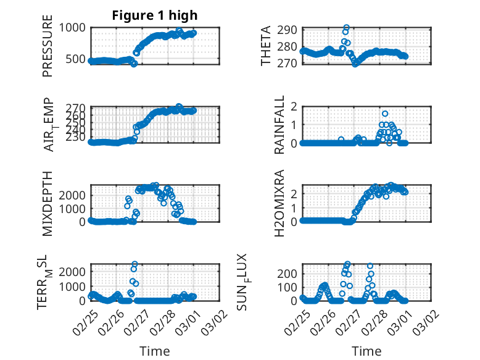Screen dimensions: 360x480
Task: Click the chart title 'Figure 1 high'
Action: pos(155,15)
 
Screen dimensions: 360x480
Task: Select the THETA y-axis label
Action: pos(266,46)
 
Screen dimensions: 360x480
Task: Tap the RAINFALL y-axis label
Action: pos(279,125)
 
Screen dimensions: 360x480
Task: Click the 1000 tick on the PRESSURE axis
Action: pos(74,28)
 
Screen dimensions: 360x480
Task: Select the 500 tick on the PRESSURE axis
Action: pos(77,59)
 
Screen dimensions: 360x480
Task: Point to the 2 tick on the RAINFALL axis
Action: pos(294,107)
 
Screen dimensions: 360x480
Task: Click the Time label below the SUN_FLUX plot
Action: pos(366,351)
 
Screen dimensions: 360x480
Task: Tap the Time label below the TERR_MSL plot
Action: pos(155,351)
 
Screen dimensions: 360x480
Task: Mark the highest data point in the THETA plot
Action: pos(347,28)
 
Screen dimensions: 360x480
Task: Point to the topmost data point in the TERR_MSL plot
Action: pos(134,264)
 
